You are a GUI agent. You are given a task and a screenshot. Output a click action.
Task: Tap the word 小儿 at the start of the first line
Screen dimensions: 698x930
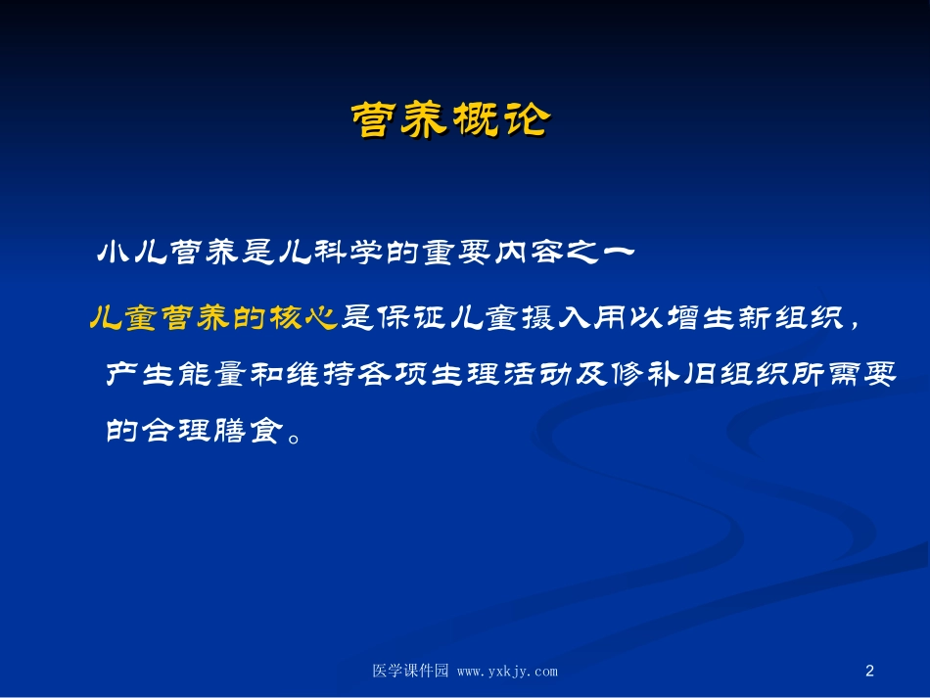(133, 254)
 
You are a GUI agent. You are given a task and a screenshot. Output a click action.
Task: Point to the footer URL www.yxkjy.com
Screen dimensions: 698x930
(507, 672)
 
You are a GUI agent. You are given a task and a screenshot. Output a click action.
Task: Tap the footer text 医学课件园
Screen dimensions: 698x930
(410, 672)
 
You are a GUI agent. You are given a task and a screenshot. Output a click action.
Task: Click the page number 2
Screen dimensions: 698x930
(870, 672)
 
